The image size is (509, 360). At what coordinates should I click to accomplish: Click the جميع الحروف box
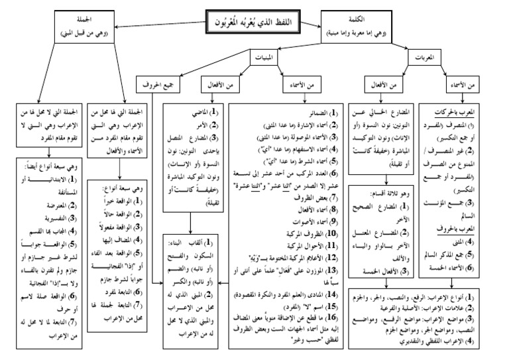[x=156, y=84]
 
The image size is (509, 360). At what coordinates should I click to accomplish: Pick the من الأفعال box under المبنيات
[x=221, y=84]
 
